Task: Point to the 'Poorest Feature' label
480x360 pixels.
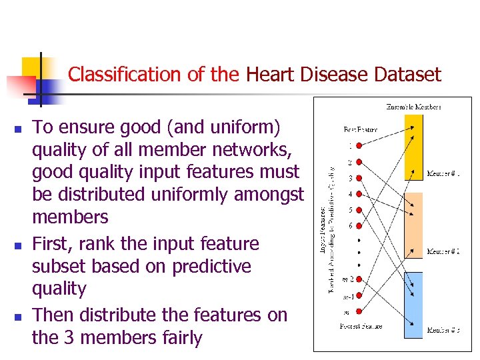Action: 361,326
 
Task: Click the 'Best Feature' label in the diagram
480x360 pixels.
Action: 361,129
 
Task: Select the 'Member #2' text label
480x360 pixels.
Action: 444,251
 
